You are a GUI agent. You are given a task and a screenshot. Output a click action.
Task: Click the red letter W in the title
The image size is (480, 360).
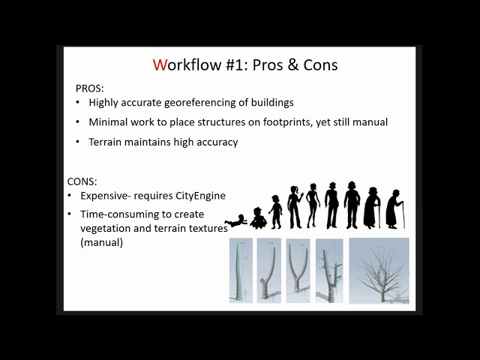coord(160,64)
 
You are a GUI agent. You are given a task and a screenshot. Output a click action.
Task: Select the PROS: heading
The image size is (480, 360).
coord(89,88)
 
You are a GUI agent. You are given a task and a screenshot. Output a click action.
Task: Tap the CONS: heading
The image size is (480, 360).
coord(82,181)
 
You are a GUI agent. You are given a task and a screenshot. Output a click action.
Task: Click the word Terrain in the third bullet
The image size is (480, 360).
coord(106,141)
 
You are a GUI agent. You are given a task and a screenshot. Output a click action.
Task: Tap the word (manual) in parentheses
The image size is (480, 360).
coord(101,242)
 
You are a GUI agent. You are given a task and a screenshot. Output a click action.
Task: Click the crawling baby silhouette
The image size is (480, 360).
coord(236,221)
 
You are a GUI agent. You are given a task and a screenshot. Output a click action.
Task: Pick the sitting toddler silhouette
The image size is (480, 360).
coord(259,218)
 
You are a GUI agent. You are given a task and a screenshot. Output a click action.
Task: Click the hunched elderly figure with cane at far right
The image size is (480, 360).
coord(394,208)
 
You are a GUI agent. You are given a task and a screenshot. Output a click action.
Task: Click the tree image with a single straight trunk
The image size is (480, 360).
coord(241,270)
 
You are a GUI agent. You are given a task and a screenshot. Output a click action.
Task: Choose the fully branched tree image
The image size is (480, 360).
coord(379,270)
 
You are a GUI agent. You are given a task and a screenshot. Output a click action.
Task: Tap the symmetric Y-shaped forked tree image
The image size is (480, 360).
coord(298,270)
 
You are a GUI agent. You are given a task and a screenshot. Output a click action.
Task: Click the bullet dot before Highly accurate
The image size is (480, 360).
coord(79,102)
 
